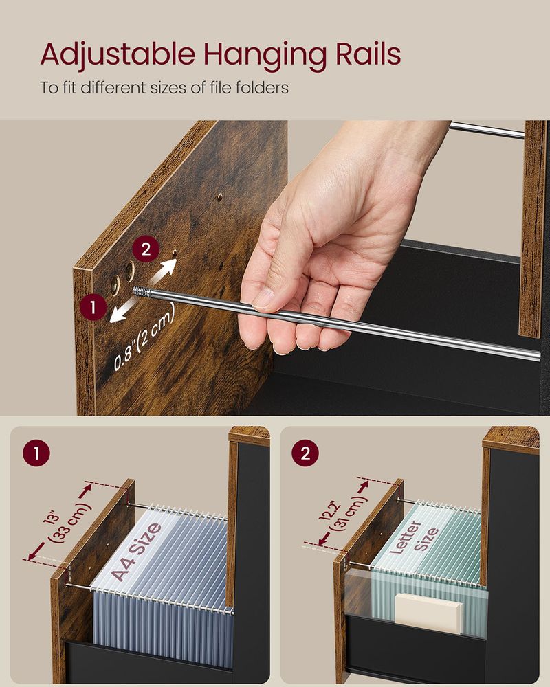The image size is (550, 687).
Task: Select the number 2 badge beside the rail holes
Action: [x=145, y=249]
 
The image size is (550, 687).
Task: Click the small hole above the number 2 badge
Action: [x=220, y=196]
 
